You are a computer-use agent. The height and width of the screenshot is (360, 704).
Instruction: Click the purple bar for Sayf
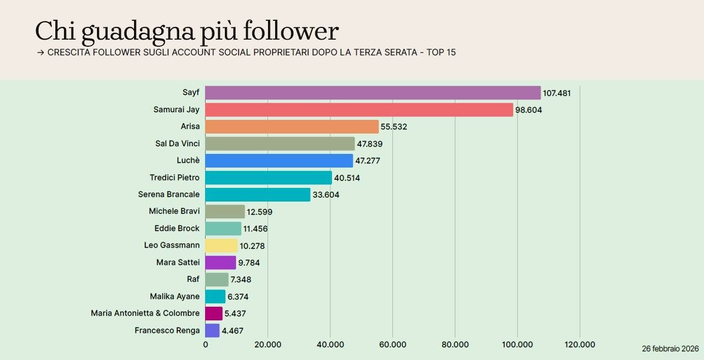click(373, 93)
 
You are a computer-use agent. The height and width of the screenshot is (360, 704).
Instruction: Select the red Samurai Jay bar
click(359, 110)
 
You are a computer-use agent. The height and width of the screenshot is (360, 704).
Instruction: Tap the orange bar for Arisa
click(292, 127)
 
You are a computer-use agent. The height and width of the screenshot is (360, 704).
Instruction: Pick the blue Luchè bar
click(279, 161)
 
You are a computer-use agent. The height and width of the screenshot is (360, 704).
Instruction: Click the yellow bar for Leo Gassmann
click(221, 246)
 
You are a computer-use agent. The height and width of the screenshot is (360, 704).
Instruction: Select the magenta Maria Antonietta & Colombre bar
click(214, 313)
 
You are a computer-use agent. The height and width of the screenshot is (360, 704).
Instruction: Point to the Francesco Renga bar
click(212, 331)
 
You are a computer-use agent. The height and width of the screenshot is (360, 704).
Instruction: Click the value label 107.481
click(557, 93)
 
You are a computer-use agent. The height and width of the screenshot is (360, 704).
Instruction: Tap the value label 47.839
click(370, 144)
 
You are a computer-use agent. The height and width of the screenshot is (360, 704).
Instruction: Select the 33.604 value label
click(326, 194)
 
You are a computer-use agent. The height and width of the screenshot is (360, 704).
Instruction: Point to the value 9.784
click(249, 263)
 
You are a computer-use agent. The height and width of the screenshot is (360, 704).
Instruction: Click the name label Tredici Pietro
click(174, 178)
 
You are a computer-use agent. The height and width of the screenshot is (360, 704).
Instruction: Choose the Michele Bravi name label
click(174, 211)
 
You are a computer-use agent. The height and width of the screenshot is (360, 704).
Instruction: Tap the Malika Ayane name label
click(175, 297)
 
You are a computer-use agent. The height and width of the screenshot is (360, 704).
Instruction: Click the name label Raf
click(193, 279)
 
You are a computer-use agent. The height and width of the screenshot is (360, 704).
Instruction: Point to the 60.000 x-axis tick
click(392, 345)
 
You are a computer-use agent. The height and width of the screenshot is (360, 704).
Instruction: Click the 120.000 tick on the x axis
click(580, 345)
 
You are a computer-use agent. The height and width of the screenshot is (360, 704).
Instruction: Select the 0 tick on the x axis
click(206, 345)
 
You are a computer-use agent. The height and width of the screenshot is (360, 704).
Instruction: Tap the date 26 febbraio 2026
click(670, 349)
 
